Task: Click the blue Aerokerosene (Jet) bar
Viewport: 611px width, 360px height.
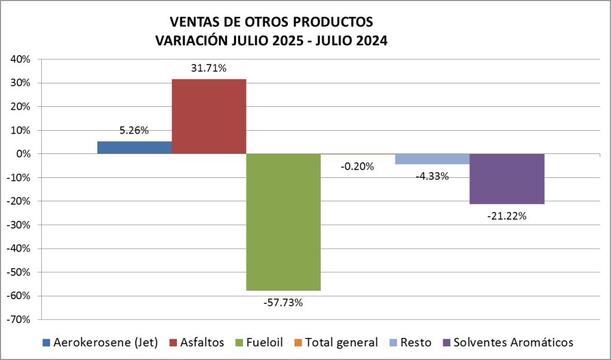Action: click(134, 147)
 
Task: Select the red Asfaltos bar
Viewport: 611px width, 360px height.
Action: click(208, 116)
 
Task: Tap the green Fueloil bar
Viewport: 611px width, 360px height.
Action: click(283, 221)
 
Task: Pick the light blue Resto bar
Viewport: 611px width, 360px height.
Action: click(432, 159)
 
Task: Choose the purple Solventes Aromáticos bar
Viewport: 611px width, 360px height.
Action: click(506, 179)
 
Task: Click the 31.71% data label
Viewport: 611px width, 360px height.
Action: click(208, 68)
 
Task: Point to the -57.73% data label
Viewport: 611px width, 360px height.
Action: click(283, 303)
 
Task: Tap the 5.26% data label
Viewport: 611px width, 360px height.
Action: click(134, 130)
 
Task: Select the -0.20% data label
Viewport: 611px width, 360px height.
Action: click(357, 167)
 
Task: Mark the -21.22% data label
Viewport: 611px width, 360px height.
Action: click(506, 216)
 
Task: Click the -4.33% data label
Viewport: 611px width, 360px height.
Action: click(432, 176)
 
